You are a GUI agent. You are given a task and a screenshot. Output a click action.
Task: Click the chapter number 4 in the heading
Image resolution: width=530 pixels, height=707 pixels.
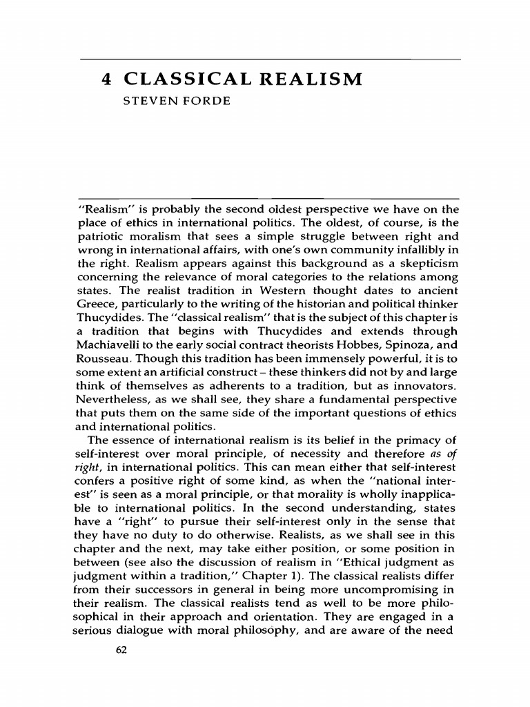click(106, 79)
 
